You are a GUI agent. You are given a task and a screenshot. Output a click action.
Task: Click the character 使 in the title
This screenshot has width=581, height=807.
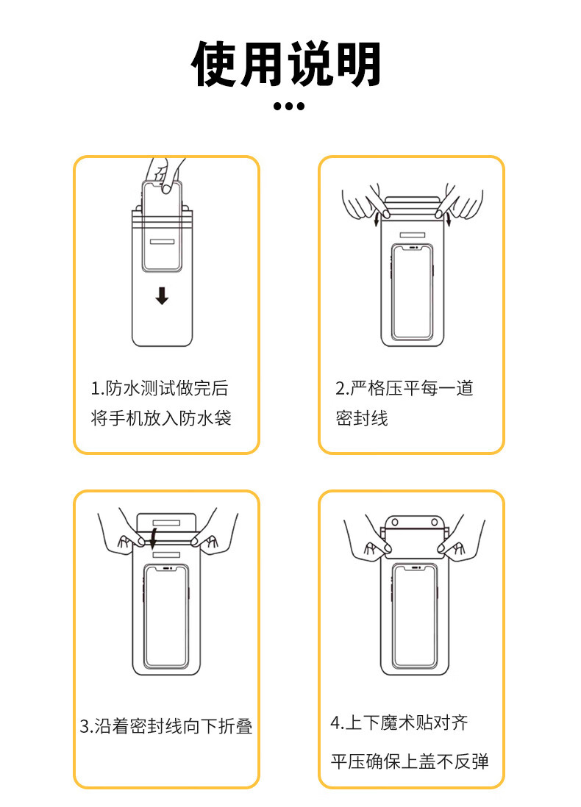[214, 64]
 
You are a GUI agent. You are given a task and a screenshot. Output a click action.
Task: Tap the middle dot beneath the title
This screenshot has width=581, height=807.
[289, 106]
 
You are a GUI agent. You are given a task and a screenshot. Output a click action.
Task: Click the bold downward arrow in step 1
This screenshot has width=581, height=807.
[162, 296]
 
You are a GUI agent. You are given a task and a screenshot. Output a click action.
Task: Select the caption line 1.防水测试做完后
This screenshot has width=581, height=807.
[160, 388]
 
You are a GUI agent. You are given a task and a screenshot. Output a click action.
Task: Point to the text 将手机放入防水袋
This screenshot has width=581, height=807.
[161, 418]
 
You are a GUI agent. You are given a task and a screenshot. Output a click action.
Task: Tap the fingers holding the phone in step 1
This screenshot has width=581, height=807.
[164, 175]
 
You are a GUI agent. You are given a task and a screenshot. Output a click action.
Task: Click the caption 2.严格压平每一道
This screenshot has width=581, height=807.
[404, 388]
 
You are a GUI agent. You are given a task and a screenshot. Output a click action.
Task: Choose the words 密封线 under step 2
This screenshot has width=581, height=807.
[362, 418]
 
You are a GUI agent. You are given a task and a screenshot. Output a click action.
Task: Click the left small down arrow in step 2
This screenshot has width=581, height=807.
[377, 220]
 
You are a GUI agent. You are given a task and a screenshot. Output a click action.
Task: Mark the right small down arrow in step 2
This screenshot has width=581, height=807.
[448, 220]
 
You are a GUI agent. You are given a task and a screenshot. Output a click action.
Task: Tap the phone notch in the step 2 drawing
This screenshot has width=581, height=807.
[412, 248]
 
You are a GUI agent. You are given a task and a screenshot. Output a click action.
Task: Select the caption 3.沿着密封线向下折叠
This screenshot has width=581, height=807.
[166, 726]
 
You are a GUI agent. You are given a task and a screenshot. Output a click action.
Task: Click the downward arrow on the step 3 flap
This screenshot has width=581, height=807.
[154, 537]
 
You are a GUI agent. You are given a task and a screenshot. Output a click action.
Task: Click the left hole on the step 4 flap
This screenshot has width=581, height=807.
[395, 523]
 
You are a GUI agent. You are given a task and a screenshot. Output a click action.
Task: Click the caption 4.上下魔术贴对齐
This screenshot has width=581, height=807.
[399, 722]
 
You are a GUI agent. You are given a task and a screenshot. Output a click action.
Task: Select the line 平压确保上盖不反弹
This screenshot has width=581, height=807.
[410, 761]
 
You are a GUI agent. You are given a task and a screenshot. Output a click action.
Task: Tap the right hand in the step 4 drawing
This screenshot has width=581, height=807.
[460, 540]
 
